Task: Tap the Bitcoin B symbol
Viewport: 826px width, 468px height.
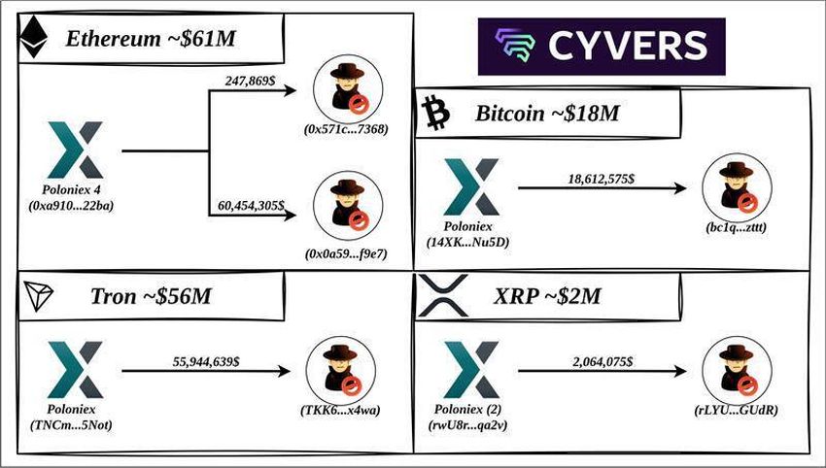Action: pos(434,113)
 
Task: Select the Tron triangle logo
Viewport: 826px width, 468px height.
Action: pos(38,298)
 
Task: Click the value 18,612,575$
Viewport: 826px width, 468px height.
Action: pos(600,180)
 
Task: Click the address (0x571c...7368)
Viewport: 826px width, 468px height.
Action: pos(346,128)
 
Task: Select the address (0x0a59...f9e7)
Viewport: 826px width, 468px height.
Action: pos(346,254)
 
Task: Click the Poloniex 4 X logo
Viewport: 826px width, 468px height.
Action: pos(74,150)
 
